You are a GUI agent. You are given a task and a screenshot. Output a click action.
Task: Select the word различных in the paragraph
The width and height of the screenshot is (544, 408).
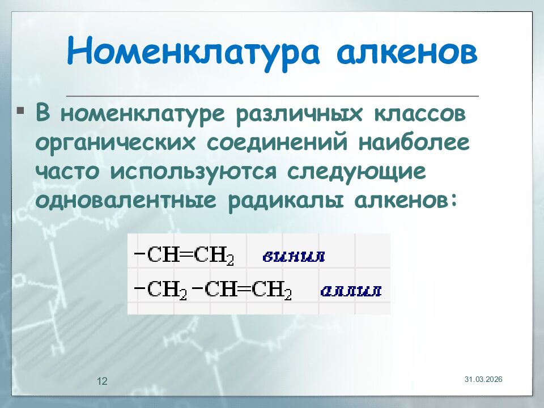coord(299,113)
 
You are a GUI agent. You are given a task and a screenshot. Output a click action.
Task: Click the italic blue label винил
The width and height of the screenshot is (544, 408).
coord(294,257)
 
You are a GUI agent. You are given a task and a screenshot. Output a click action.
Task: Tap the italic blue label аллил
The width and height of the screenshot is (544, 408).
coord(351,292)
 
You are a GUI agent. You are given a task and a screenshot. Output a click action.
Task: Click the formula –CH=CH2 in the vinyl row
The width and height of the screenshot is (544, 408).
coord(184,256)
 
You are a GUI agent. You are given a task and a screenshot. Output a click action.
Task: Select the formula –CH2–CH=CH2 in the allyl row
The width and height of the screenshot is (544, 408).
coord(212,291)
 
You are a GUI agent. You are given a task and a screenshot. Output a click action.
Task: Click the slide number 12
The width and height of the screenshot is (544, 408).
coord(103,381)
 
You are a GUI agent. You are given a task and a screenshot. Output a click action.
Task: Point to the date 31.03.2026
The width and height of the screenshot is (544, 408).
coord(483,379)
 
